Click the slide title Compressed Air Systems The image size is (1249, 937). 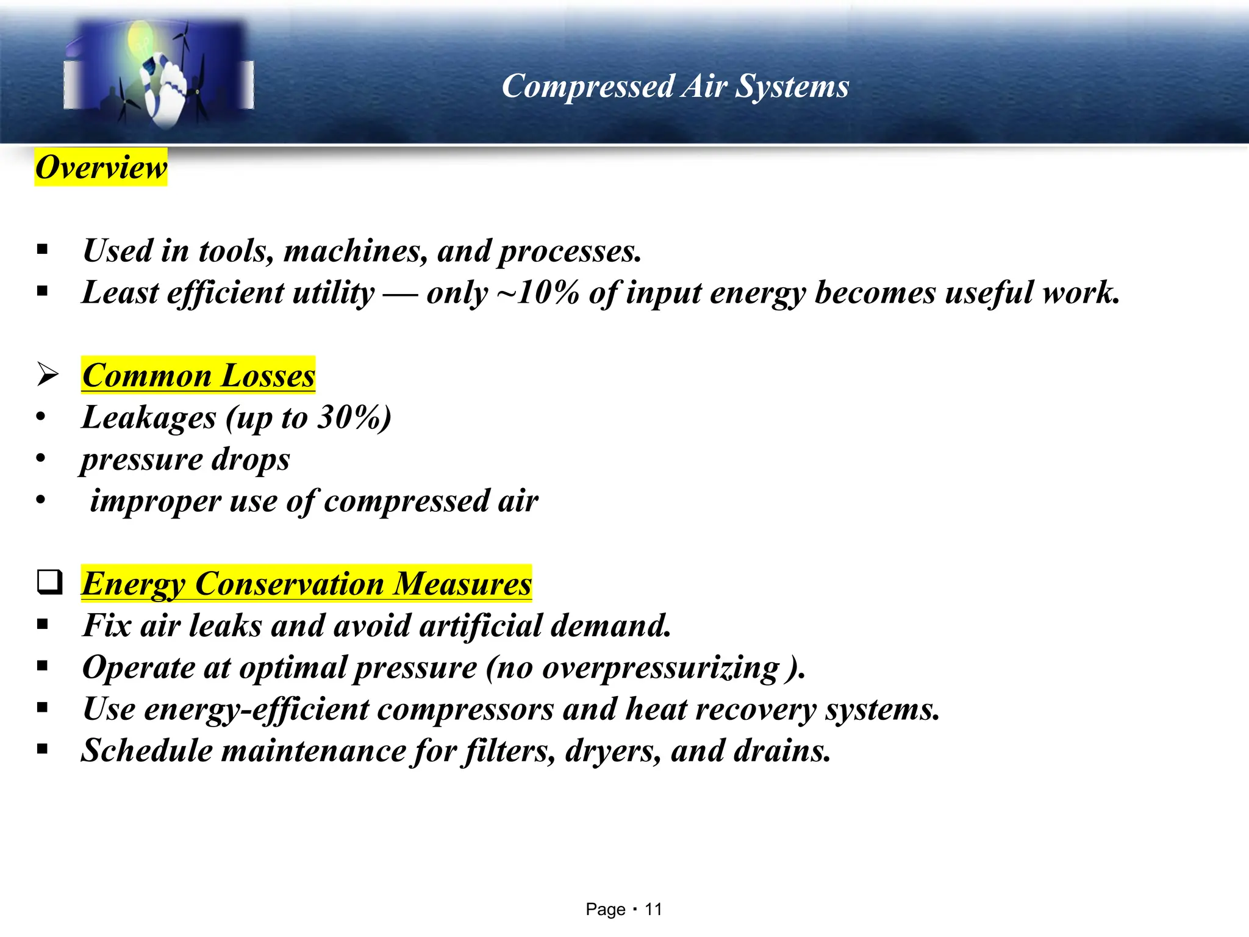675,86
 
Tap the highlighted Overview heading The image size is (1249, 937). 101,167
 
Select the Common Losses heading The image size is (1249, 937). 198,375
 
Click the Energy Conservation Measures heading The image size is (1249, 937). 307,584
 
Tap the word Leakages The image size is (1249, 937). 149,418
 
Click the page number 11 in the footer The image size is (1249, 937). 653,910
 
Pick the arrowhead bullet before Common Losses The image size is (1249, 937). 48,374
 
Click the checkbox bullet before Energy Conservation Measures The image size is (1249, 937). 49,582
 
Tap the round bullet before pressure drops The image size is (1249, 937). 41,459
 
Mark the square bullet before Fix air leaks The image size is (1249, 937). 42,625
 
